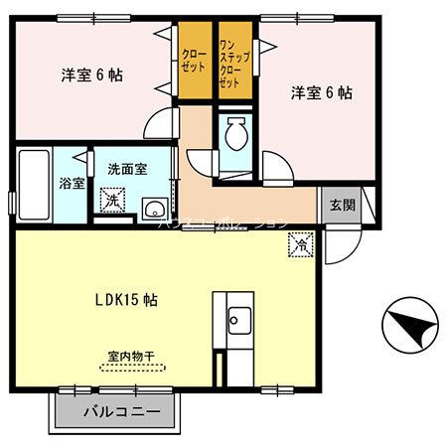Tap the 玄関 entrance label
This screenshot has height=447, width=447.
(342, 206)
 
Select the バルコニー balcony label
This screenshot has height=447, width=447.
(121, 410)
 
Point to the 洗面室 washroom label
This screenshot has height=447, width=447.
(128, 169)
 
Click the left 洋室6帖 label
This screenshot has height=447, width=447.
(91, 74)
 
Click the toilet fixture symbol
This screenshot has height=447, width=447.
(236, 135)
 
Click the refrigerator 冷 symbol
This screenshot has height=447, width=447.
(300, 241)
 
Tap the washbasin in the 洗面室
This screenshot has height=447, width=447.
(154, 208)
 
